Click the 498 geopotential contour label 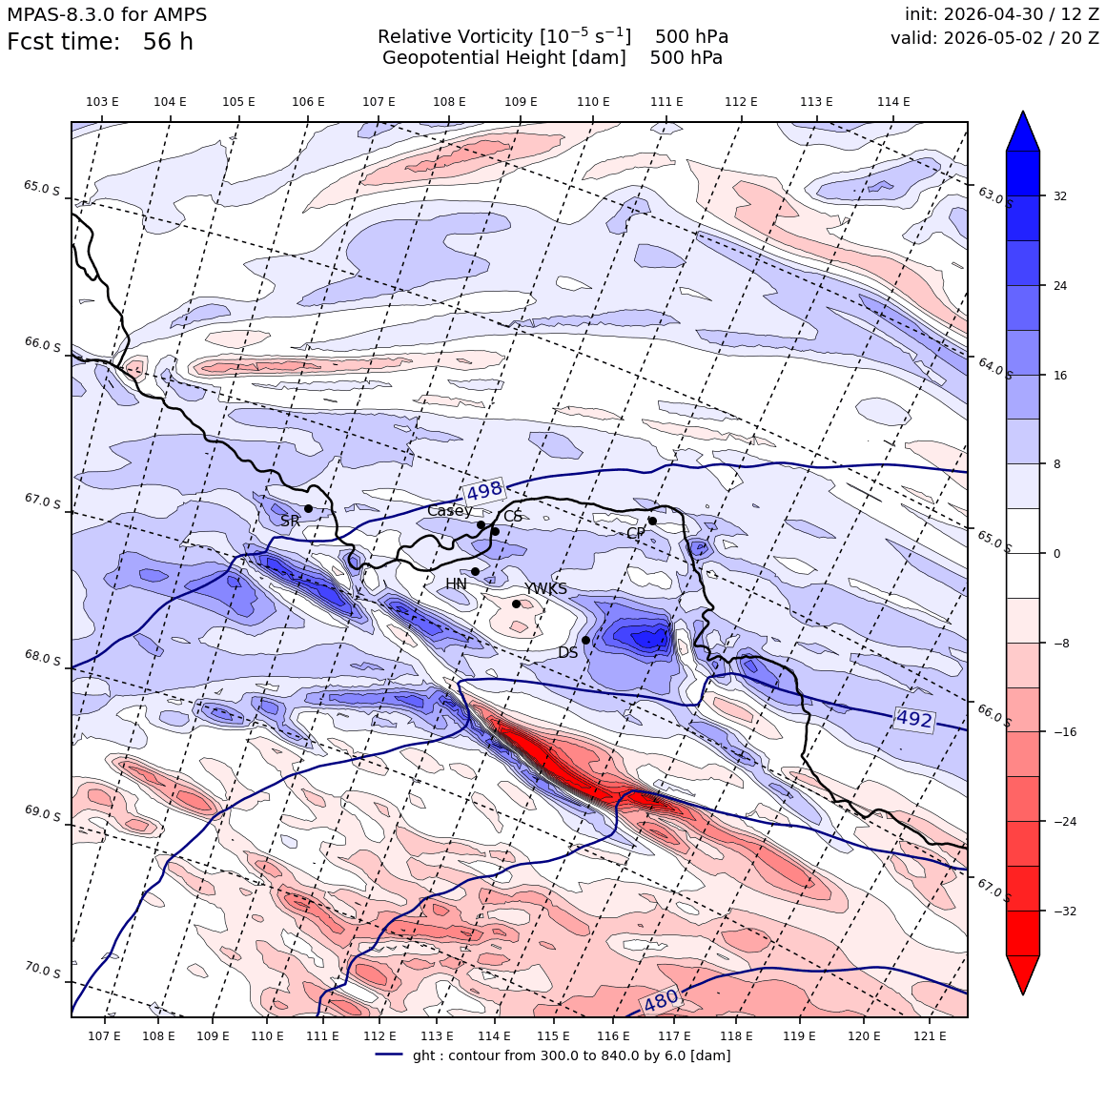(484, 489)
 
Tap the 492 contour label (914, 719)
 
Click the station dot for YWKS (517, 604)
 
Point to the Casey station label (450, 511)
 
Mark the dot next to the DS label (585, 640)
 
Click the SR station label (291, 521)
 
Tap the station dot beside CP (652, 521)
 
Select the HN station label (457, 584)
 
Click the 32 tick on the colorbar (1060, 196)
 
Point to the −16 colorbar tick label (1065, 731)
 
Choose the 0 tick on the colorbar (1056, 554)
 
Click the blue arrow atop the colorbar (1023, 131)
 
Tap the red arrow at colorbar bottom (1023, 974)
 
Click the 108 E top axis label (449, 102)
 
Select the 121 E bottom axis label (930, 1035)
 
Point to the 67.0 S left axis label (42, 501)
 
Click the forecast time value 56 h (168, 42)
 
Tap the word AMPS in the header (180, 14)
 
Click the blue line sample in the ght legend (389, 1055)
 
